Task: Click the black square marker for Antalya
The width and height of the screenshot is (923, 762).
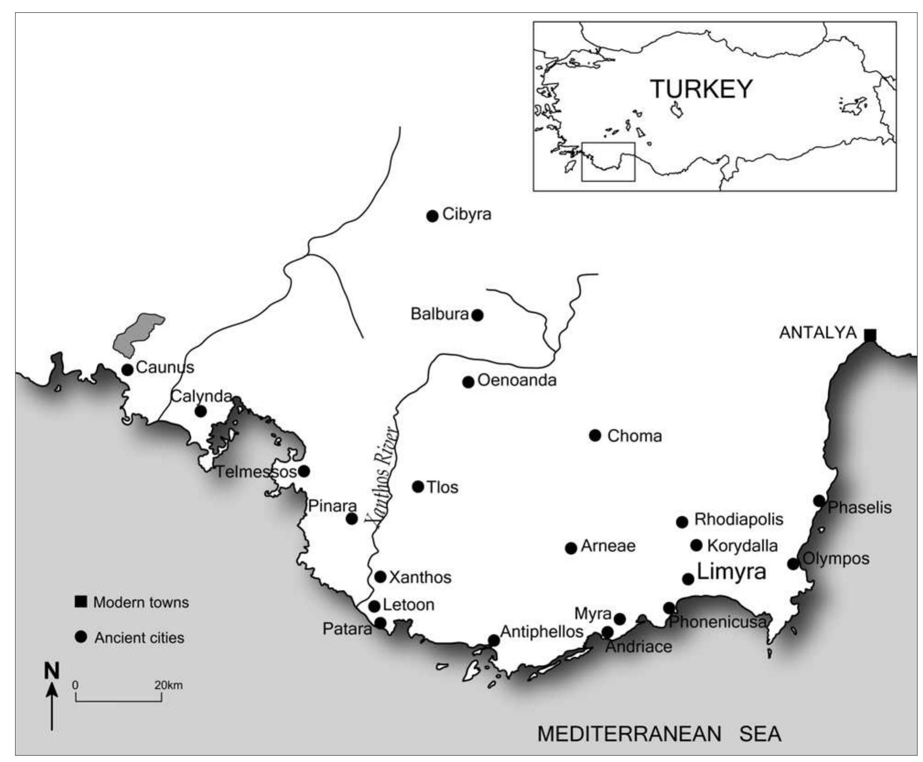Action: coord(869,335)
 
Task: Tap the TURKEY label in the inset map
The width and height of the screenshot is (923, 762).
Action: coord(701,89)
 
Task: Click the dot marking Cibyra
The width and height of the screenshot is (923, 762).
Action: coord(432,216)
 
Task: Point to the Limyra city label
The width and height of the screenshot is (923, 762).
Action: coord(730,572)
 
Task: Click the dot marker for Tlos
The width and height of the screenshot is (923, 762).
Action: coord(418,486)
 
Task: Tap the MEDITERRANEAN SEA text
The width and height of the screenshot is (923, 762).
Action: coord(659,734)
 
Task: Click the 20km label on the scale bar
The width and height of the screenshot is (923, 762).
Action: coord(168,685)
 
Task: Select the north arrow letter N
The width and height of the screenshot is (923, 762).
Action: coord(52,671)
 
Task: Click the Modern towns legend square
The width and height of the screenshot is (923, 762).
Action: coord(81,601)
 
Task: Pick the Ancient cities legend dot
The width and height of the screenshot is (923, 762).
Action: coord(81,637)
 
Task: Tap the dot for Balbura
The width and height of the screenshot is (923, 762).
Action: coord(477,315)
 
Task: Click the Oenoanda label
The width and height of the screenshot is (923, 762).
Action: coord(516,380)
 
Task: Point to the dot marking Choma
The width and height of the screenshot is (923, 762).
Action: coord(595,435)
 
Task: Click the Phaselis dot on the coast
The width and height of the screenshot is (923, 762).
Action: coord(819,500)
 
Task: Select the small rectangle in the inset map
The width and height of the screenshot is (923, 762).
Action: coord(608,162)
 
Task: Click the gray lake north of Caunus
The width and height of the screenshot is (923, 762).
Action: coord(137,334)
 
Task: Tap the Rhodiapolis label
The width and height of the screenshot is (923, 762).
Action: coord(738,519)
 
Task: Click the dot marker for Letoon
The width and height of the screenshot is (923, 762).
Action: coord(374,606)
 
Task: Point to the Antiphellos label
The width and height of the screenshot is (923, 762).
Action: coord(542,632)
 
